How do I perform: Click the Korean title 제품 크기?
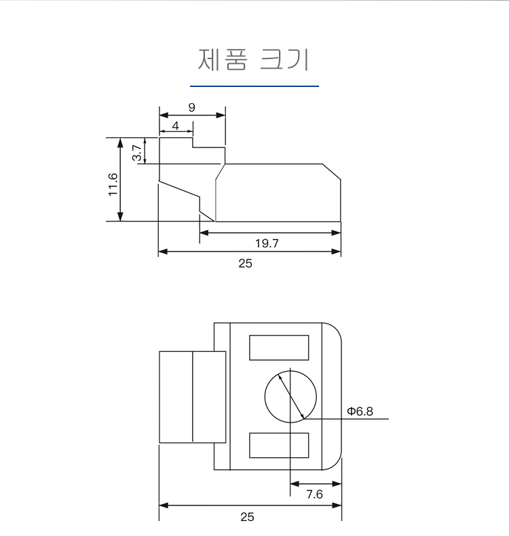click(x=254, y=60)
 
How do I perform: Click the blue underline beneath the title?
click(x=254, y=86)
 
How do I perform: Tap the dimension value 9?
click(x=192, y=107)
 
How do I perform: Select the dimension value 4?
click(x=176, y=126)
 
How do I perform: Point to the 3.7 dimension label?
click(x=136, y=151)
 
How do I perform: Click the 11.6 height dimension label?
click(x=113, y=184)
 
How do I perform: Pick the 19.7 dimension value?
click(x=267, y=243)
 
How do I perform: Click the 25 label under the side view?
click(x=245, y=263)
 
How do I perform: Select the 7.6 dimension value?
click(x=314, y=494)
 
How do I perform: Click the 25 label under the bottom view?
click(x=247, y=517)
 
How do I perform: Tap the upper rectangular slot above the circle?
click(x=280, y=347)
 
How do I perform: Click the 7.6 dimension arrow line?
click(x=315, y=483)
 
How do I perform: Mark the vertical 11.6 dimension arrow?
click(x=121, y=180)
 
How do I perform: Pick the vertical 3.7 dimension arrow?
click(x=145, y=151)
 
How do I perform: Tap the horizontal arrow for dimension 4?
click(x=176, y=132)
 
